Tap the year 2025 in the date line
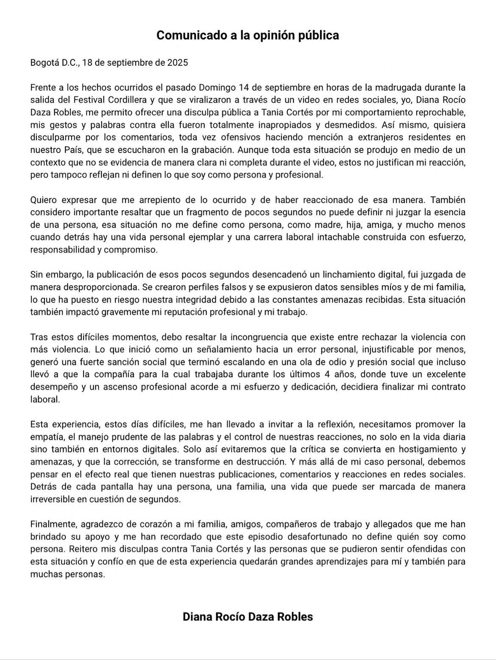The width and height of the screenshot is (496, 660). pos(177,63)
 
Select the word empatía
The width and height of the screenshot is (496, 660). pos(46,437)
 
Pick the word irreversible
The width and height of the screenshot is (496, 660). pos(51,499)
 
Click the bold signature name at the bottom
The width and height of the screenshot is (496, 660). pos(248,617)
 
